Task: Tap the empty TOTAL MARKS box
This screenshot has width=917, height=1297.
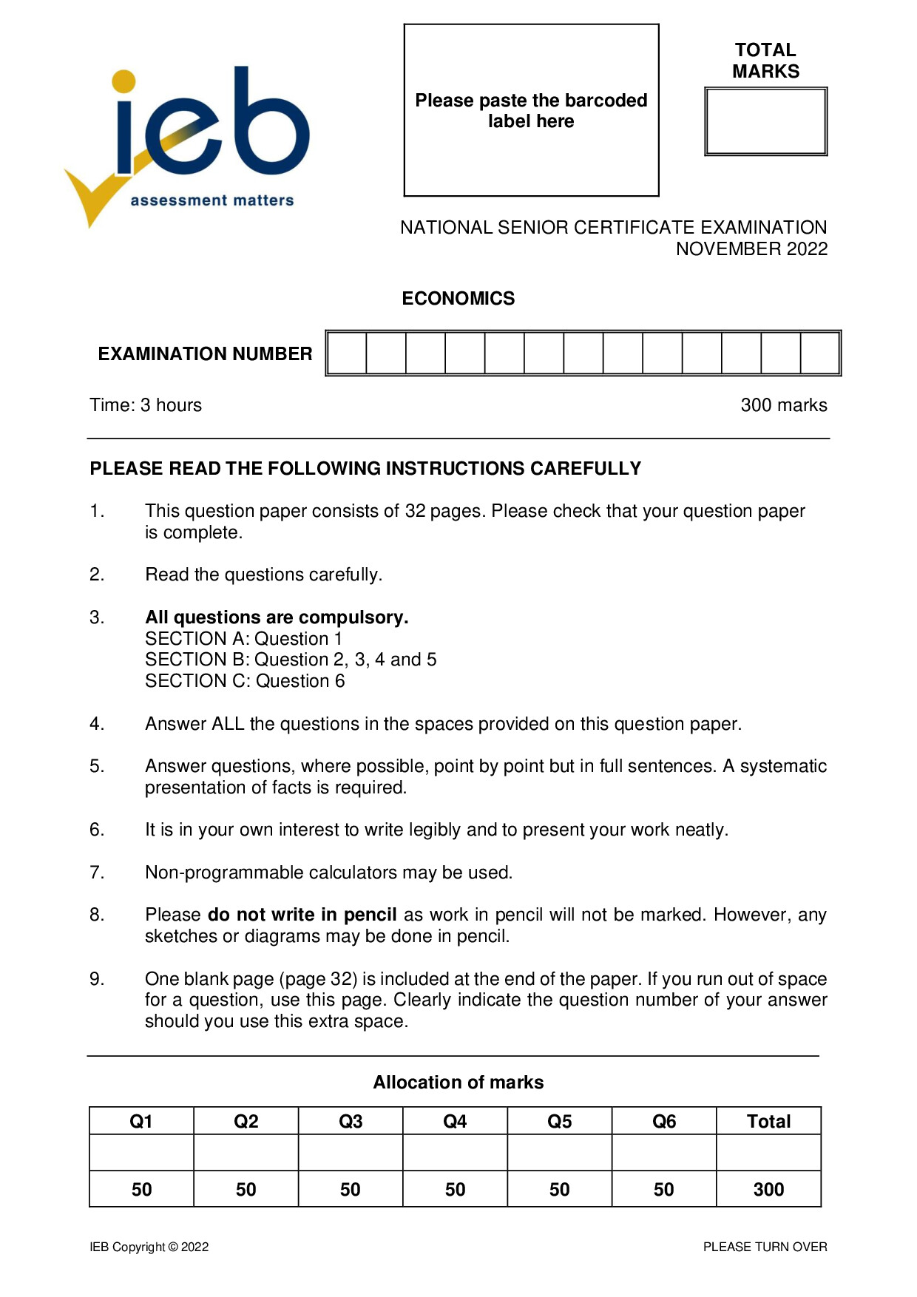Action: tap(765, 122)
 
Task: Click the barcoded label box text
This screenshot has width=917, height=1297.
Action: tap(531, 110)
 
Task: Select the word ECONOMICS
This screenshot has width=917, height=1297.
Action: tap(458, 298)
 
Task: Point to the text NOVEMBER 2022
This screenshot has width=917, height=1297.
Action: tap(751, 248)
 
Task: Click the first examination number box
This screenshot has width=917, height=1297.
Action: tap(347, 353)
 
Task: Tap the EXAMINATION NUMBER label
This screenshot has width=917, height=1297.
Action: tap(205, 353)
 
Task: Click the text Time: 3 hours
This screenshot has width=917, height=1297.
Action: tap(146, 405)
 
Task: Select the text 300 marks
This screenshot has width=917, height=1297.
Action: tap(783, 405)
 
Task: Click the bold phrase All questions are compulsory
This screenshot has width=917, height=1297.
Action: tap(277, 617)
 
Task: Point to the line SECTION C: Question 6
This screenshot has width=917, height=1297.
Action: tap(245, 681)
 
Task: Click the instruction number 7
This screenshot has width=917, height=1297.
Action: tap(97, 873)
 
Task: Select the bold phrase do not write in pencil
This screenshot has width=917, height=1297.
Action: tap(302, 915)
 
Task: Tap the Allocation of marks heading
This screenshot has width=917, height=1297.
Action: tap(458, 1083)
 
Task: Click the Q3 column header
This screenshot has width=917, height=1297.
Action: tap(351, 1122)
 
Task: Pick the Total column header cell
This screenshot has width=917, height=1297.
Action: tap(768, 1122)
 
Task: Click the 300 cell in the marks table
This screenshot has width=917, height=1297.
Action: tap(768, 1189)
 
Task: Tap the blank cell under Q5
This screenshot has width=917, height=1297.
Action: tap(559, 1153)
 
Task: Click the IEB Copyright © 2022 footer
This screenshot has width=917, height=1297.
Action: tap(149, 1247)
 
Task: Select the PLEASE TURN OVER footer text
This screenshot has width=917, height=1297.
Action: tap(765, 1247)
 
